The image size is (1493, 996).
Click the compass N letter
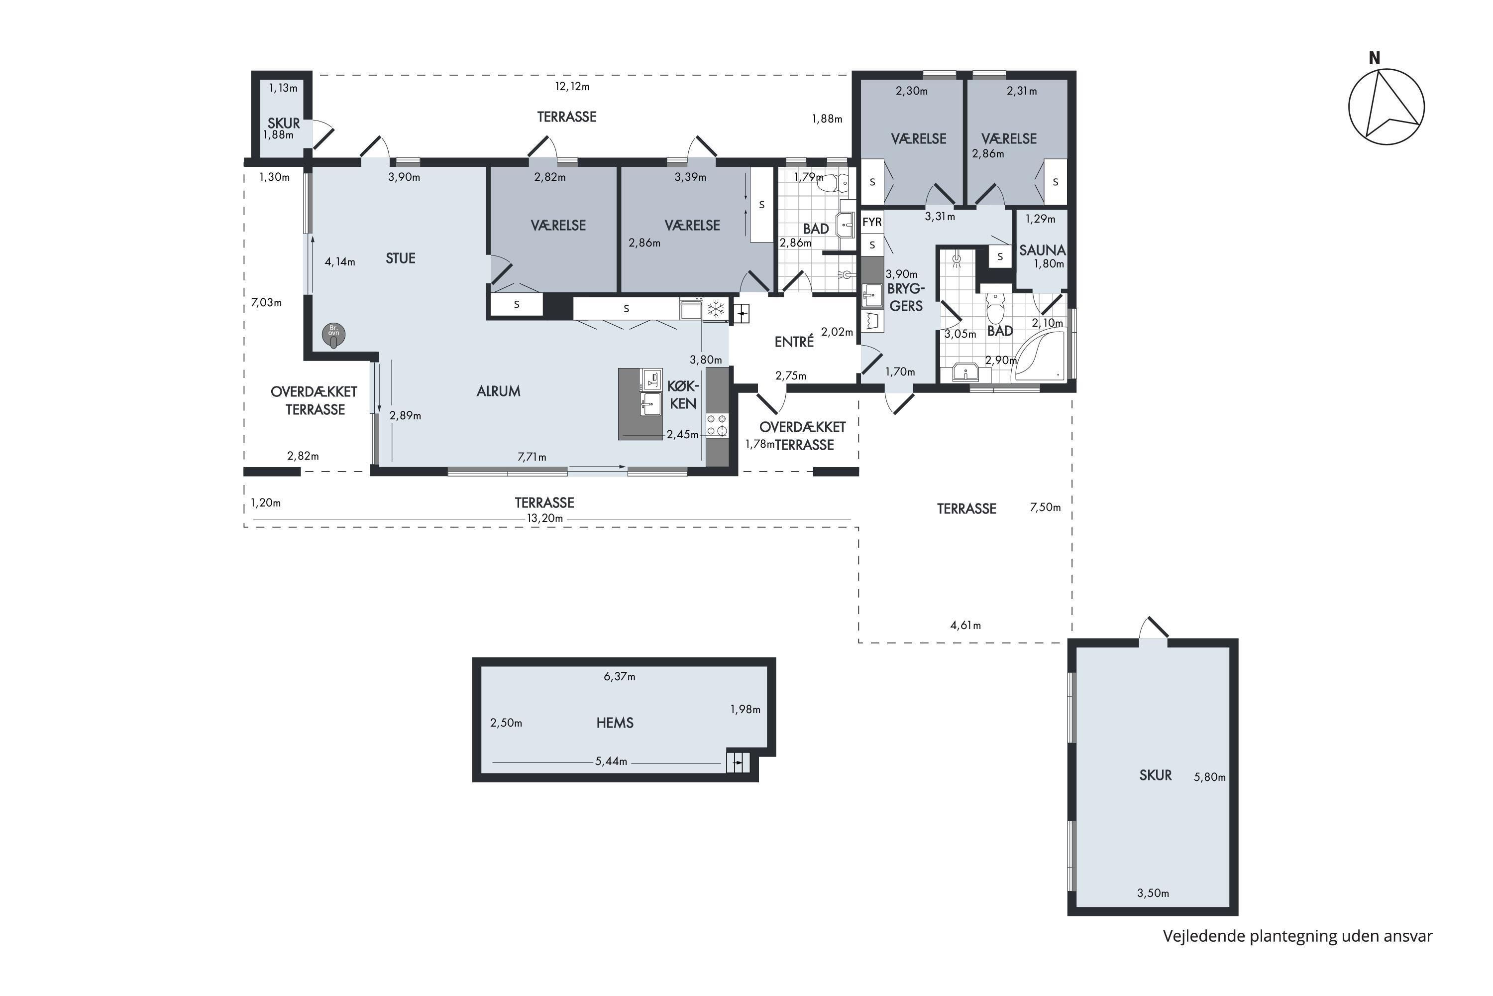click(x=1374, y=58)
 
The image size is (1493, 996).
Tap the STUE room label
click(x=401, y=258)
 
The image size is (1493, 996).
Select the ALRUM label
click(x=498, y=391)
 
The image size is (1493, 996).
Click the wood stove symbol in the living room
click(x=334, y=335)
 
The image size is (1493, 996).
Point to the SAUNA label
click(x=1042, y=250)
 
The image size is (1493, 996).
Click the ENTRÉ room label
click(x=794, y=342)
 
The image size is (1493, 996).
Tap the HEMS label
click(x=615, y=723)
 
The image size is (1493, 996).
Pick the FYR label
click(x=872, y=222)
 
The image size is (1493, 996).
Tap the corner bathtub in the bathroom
click(x=1039, y=358)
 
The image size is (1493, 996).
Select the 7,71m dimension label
click(x=532, y=457)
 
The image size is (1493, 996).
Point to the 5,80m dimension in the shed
click(x=1210, y=777)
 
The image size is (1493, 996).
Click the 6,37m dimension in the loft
click(x=620, y=676)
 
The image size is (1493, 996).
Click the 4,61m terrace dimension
click(x=965, y=625)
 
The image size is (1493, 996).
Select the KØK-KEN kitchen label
click(x=683, y=394)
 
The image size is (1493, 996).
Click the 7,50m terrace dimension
click(x=1046, y=507)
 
